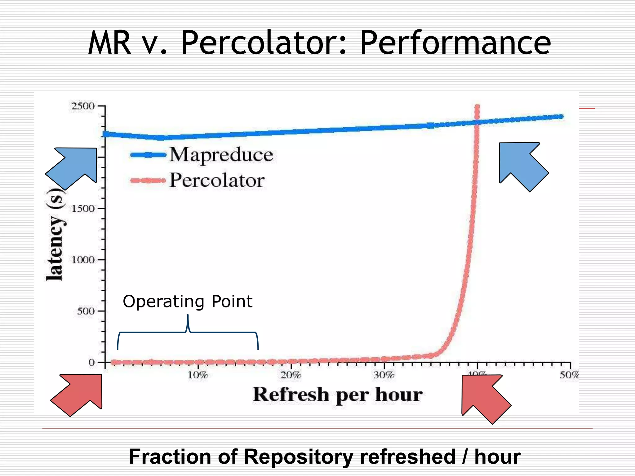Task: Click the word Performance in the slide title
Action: [x=455, y=43]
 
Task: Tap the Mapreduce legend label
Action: [x=221, y=155]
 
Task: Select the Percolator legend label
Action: [x=217, y=180]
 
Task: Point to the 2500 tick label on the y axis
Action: [x=83, y=106]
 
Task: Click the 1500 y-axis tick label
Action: [x=83, y=209]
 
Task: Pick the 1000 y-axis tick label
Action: [x=83, y=260]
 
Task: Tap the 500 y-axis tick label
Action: [x=86, y=311]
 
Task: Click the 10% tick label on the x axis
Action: [x=198, y=375]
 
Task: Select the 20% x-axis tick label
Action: [x=291, y=375]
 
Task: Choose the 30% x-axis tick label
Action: [x=384, y=375]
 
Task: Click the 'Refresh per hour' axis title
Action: [x=337, y=395]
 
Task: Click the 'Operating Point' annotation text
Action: [x=188, y=301]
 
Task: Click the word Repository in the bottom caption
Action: [x=299, y=457]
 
